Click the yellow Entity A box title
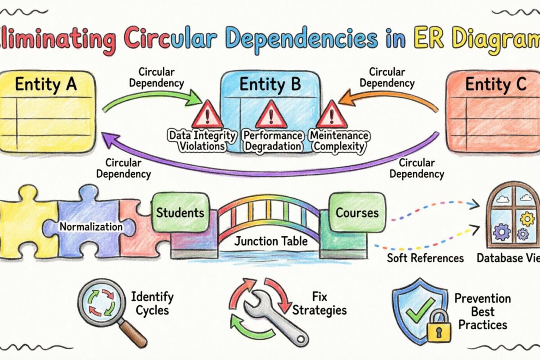(x=45, y=84)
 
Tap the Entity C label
(x=495, y=84)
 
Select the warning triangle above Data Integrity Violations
(x=207, y=115)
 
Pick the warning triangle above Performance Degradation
(x=271, y=115)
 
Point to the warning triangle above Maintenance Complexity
(x=332, y=115)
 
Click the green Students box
(x=180, y=212)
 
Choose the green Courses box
(x=357, y=212)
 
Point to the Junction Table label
(x=271, y=241)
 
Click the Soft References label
(x=426, y=258)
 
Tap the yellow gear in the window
(x=526, y=219)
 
